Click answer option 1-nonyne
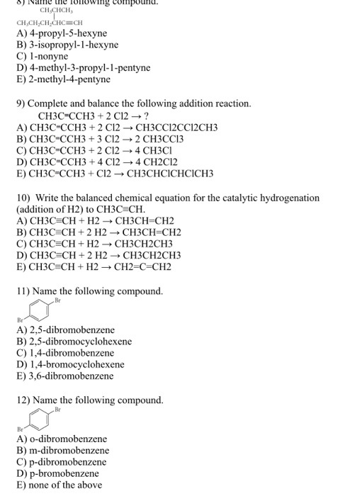pos(47,56)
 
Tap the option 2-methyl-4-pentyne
pos(68,79)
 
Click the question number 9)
pos(22,103)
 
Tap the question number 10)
pos(25,198)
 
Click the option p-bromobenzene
pos(62,473)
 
